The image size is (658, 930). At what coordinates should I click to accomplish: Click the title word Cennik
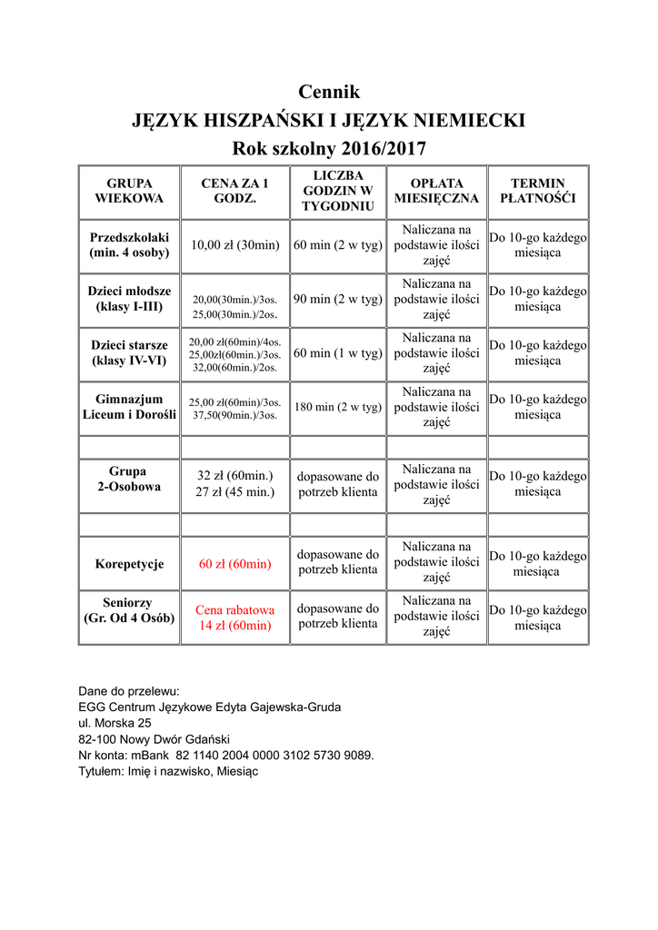coord(329,92)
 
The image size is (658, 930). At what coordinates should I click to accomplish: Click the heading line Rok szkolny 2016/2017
coord(329,148)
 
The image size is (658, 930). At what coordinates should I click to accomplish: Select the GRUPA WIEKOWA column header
coord(129,191)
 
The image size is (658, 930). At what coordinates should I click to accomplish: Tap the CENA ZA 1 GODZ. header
coord(234,191)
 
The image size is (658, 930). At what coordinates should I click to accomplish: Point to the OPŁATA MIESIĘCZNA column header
coord(436,191)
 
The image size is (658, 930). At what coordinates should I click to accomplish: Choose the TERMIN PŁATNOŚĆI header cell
coord(538,191)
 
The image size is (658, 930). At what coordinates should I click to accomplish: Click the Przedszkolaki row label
coord(129,245)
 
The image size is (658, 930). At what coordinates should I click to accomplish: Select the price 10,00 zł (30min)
coord(234,245)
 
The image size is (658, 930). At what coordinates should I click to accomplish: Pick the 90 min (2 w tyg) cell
coord(338,299)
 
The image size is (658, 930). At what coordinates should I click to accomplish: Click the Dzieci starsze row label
coord(129,353)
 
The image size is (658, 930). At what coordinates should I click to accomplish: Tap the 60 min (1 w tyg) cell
coord(338,353)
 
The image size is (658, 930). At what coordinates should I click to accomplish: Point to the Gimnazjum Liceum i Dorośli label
coord(129,407)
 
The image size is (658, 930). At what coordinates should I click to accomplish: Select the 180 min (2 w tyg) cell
coord(338,407)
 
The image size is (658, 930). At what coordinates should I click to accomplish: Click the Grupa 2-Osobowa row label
coord(129,480)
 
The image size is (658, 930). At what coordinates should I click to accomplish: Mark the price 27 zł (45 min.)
coord(235,492)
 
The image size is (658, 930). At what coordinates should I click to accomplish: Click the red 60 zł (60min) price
coord(234,564)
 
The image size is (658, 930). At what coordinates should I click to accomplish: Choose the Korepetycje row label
coord(129,564)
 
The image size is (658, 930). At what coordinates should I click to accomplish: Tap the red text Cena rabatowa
coord(234,609)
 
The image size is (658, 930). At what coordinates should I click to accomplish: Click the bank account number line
coord(226,755)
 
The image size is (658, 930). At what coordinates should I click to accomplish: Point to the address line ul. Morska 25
coord(115,723)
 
